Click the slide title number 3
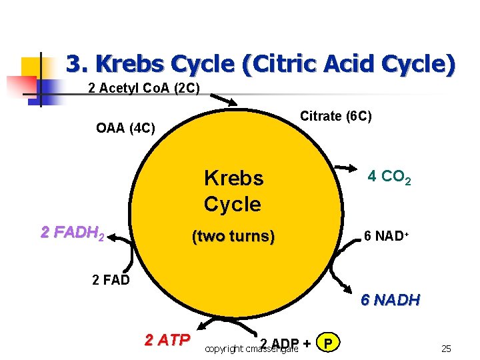[x=73, y=64]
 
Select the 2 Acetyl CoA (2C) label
[x=143, y=88]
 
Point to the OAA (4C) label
[x=125, y=127]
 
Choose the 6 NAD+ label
[x=386, y=236]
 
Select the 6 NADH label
[x=390, y=300]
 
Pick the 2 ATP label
[x=167, y=339]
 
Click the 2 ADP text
[x=279, y=343]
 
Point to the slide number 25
[x=446, y=348]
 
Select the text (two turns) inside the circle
[x=233, y=236]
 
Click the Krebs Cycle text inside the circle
[x=233, y=191]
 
